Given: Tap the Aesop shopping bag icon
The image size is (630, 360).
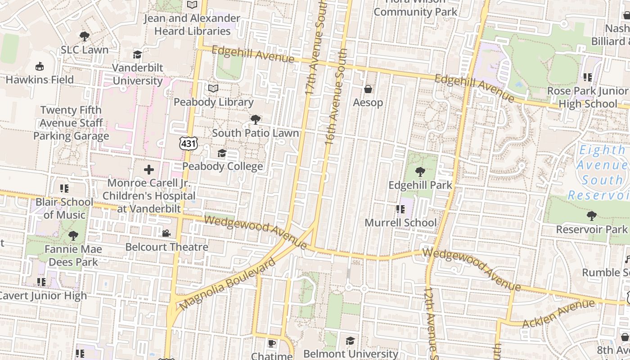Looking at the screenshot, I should [368, 89].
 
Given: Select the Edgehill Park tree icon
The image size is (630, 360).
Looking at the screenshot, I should [420, 171].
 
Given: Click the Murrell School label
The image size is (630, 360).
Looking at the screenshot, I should [400, 223].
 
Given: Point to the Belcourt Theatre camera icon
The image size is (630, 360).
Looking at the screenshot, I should [166, 233].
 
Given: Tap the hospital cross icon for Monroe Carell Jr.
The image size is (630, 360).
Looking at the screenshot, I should [149, 170].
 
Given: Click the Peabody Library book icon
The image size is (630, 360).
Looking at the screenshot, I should [213, 89].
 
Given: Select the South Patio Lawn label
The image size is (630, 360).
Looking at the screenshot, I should [255, 133].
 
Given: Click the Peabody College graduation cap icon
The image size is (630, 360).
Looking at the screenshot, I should [222, 153].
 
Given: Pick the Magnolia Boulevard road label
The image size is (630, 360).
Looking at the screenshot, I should [227, 284].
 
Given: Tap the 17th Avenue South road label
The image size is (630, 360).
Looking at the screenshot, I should [315, 49].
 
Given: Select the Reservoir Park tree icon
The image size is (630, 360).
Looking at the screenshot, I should [591, 216].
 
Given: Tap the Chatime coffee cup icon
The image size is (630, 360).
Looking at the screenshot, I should [271, 343].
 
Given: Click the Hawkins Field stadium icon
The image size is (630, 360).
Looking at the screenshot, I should [40, 67].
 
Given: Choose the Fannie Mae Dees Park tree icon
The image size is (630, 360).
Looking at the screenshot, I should [73, 235].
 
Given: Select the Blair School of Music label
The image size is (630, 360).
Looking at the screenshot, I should [64, 208].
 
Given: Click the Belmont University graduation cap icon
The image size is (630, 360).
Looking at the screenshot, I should [350, 341].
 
